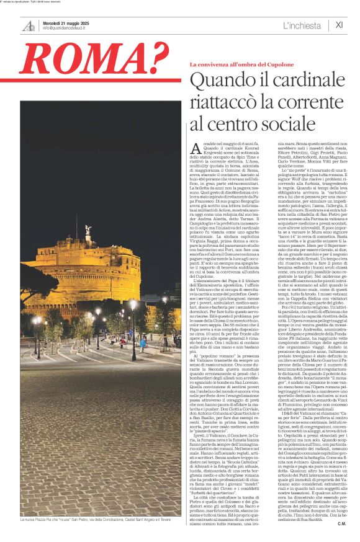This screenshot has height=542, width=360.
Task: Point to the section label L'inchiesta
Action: [x=302, y=25]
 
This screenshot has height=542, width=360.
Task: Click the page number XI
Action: [x=339, y=25]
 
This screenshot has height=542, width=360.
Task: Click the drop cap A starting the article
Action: [x=196, y=148]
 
